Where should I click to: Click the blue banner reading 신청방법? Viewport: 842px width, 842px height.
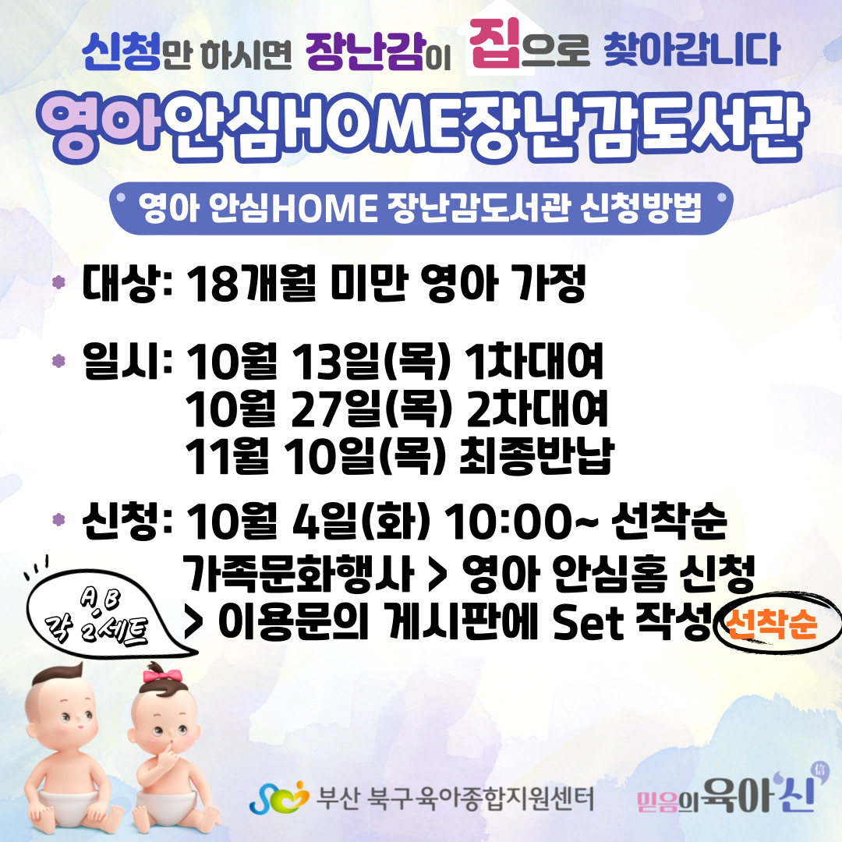(x=421, y=208)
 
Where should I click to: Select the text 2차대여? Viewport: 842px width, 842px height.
(x=537, y=409)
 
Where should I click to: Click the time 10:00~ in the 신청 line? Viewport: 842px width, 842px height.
(x=521, y=522)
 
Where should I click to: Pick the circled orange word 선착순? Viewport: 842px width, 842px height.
(x=771, y=624)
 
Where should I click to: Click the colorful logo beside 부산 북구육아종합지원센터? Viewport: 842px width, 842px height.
(x=279, y=798)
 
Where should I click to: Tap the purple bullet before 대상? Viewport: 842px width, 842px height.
(x=58, y=282)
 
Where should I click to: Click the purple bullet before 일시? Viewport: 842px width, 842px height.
(x=58, y=360)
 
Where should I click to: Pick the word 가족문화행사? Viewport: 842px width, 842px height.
(x=299, y=573)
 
